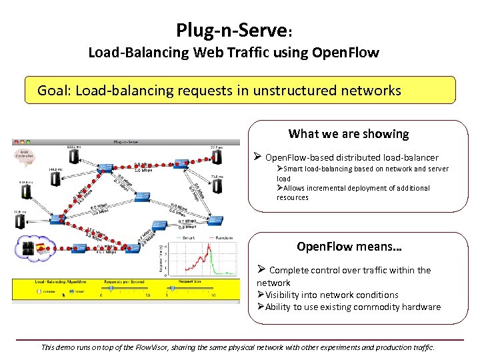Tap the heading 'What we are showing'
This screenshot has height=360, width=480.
click(x=348, y=134)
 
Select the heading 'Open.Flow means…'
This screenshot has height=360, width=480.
click(x=349, y=247)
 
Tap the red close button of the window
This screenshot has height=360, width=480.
click(x=15, y=141)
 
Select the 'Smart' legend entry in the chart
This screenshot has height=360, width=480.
click(x=189, y=237)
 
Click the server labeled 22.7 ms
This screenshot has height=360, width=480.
click(x=215, y=157)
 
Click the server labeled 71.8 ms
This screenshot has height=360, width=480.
click(x=217, y=187)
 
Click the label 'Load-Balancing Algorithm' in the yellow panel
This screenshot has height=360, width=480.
click(x=59, y=281)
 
